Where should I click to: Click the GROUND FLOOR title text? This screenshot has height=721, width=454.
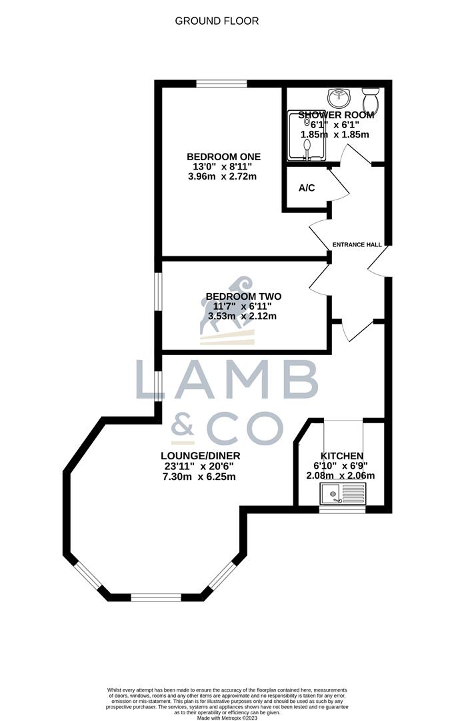click(x=217, y=21)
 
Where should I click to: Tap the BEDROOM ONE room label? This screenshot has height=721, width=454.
click(x=223, y=157)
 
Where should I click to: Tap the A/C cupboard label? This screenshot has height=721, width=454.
click(x=307, y=188)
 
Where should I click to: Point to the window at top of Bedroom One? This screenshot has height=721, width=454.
click(x=221, y=83)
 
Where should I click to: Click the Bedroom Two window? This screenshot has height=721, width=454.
click(x=158, y=291)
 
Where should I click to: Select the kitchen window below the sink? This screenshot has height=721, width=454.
click(x=342, y=509)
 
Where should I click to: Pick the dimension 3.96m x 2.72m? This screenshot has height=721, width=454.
click(x=223, y=177)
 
